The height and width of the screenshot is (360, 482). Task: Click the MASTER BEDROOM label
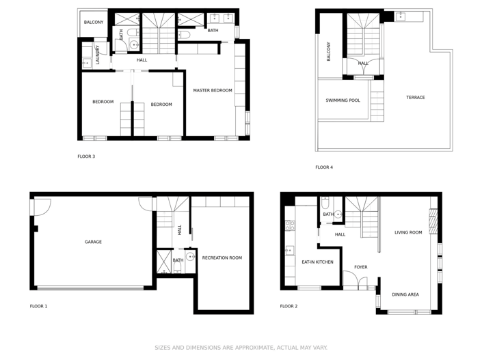(x=212, y=90)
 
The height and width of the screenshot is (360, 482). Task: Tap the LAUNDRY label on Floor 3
(x=98, y=55)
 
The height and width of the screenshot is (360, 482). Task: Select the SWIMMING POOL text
(x=343, y=100)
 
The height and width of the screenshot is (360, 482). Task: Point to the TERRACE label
(x=415, y=98)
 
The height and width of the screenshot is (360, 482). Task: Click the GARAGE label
(x=93, y=242)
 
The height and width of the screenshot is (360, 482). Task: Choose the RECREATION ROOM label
(x=222, y=258)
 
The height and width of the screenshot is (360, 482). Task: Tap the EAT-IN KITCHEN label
(x=317, y=262)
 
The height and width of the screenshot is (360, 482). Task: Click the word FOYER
(x=360, y=267)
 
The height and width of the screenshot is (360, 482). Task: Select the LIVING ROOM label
(x=408, y=232)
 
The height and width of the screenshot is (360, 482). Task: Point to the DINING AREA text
(x=405, y=294)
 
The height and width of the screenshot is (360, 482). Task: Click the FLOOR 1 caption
(x=38, y=306)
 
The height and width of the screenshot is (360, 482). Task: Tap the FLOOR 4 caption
(x=324, y=167)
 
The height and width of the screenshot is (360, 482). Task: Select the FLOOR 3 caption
(x=86, y=156)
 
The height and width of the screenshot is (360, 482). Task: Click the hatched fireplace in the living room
(x=432, y=221)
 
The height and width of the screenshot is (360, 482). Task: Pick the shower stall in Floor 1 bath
(x=164, y=262)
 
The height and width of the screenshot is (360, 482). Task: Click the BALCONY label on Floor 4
(x=329, y=52)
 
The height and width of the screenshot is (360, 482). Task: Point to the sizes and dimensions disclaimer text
(x=241, y=348)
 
